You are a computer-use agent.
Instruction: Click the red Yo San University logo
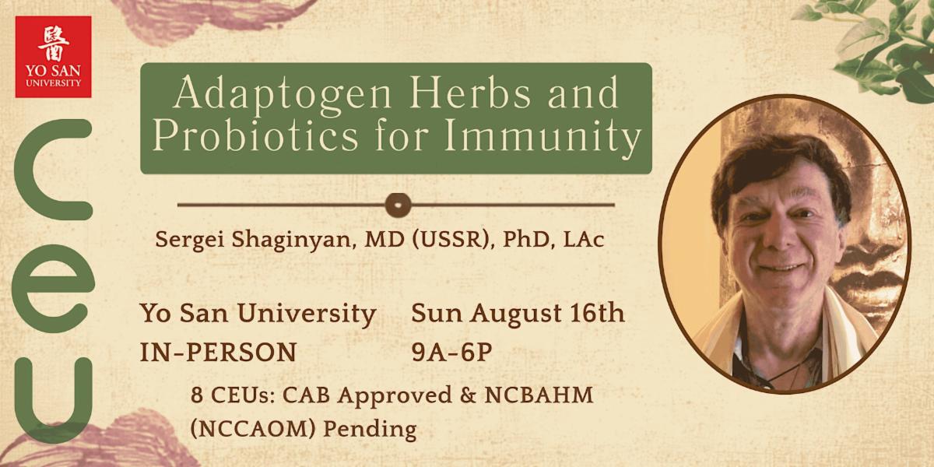54,57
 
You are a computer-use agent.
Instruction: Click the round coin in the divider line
399,205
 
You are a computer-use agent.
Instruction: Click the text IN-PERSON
219,353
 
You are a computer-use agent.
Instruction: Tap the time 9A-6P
451,353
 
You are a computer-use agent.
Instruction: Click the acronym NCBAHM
539,395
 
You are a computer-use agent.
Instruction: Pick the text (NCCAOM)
253,429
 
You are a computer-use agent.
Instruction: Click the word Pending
370,430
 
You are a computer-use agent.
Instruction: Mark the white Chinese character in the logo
54,44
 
